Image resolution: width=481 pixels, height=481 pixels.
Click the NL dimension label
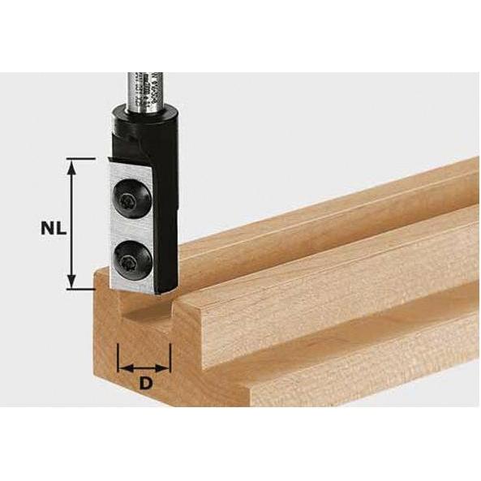click(50, 228)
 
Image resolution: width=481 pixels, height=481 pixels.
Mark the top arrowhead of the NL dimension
click(73, 163)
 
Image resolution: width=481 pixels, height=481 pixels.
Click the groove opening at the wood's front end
click(146, 312)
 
